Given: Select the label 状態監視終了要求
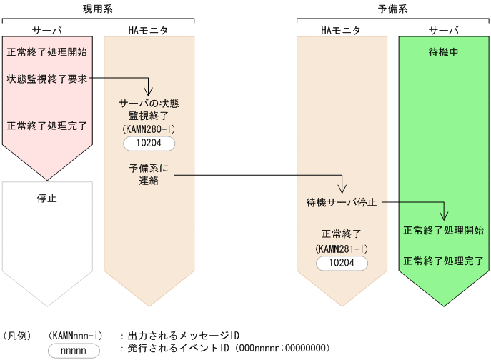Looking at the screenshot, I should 47,79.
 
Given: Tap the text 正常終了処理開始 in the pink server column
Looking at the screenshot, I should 47,52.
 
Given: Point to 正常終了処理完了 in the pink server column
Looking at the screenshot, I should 47,126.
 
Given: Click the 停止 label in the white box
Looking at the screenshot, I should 47,199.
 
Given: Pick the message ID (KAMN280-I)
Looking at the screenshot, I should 149,129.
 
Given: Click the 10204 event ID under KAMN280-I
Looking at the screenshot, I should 149,144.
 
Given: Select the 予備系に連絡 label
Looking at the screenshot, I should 149,175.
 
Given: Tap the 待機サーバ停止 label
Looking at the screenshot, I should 341,202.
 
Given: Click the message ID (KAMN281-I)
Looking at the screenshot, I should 342,249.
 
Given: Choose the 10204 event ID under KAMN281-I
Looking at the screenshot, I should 342,264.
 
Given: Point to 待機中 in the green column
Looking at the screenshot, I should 443,52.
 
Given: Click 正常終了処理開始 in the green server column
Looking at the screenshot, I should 443,231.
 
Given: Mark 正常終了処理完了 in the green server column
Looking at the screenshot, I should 443,260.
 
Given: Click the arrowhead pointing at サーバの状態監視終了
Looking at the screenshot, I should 149,91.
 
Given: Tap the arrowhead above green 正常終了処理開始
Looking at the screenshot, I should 444,216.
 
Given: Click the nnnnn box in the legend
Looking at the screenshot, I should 73,350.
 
